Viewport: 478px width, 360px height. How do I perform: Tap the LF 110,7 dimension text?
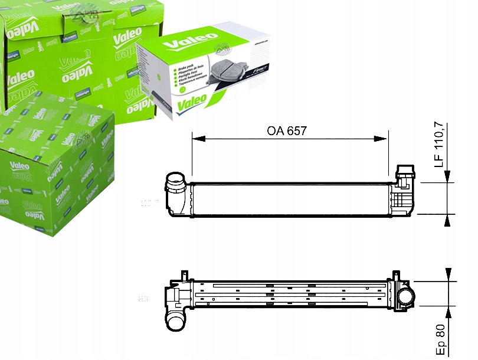(x=438, y=145)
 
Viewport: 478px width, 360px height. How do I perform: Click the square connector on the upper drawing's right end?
(x=405, y=175)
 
